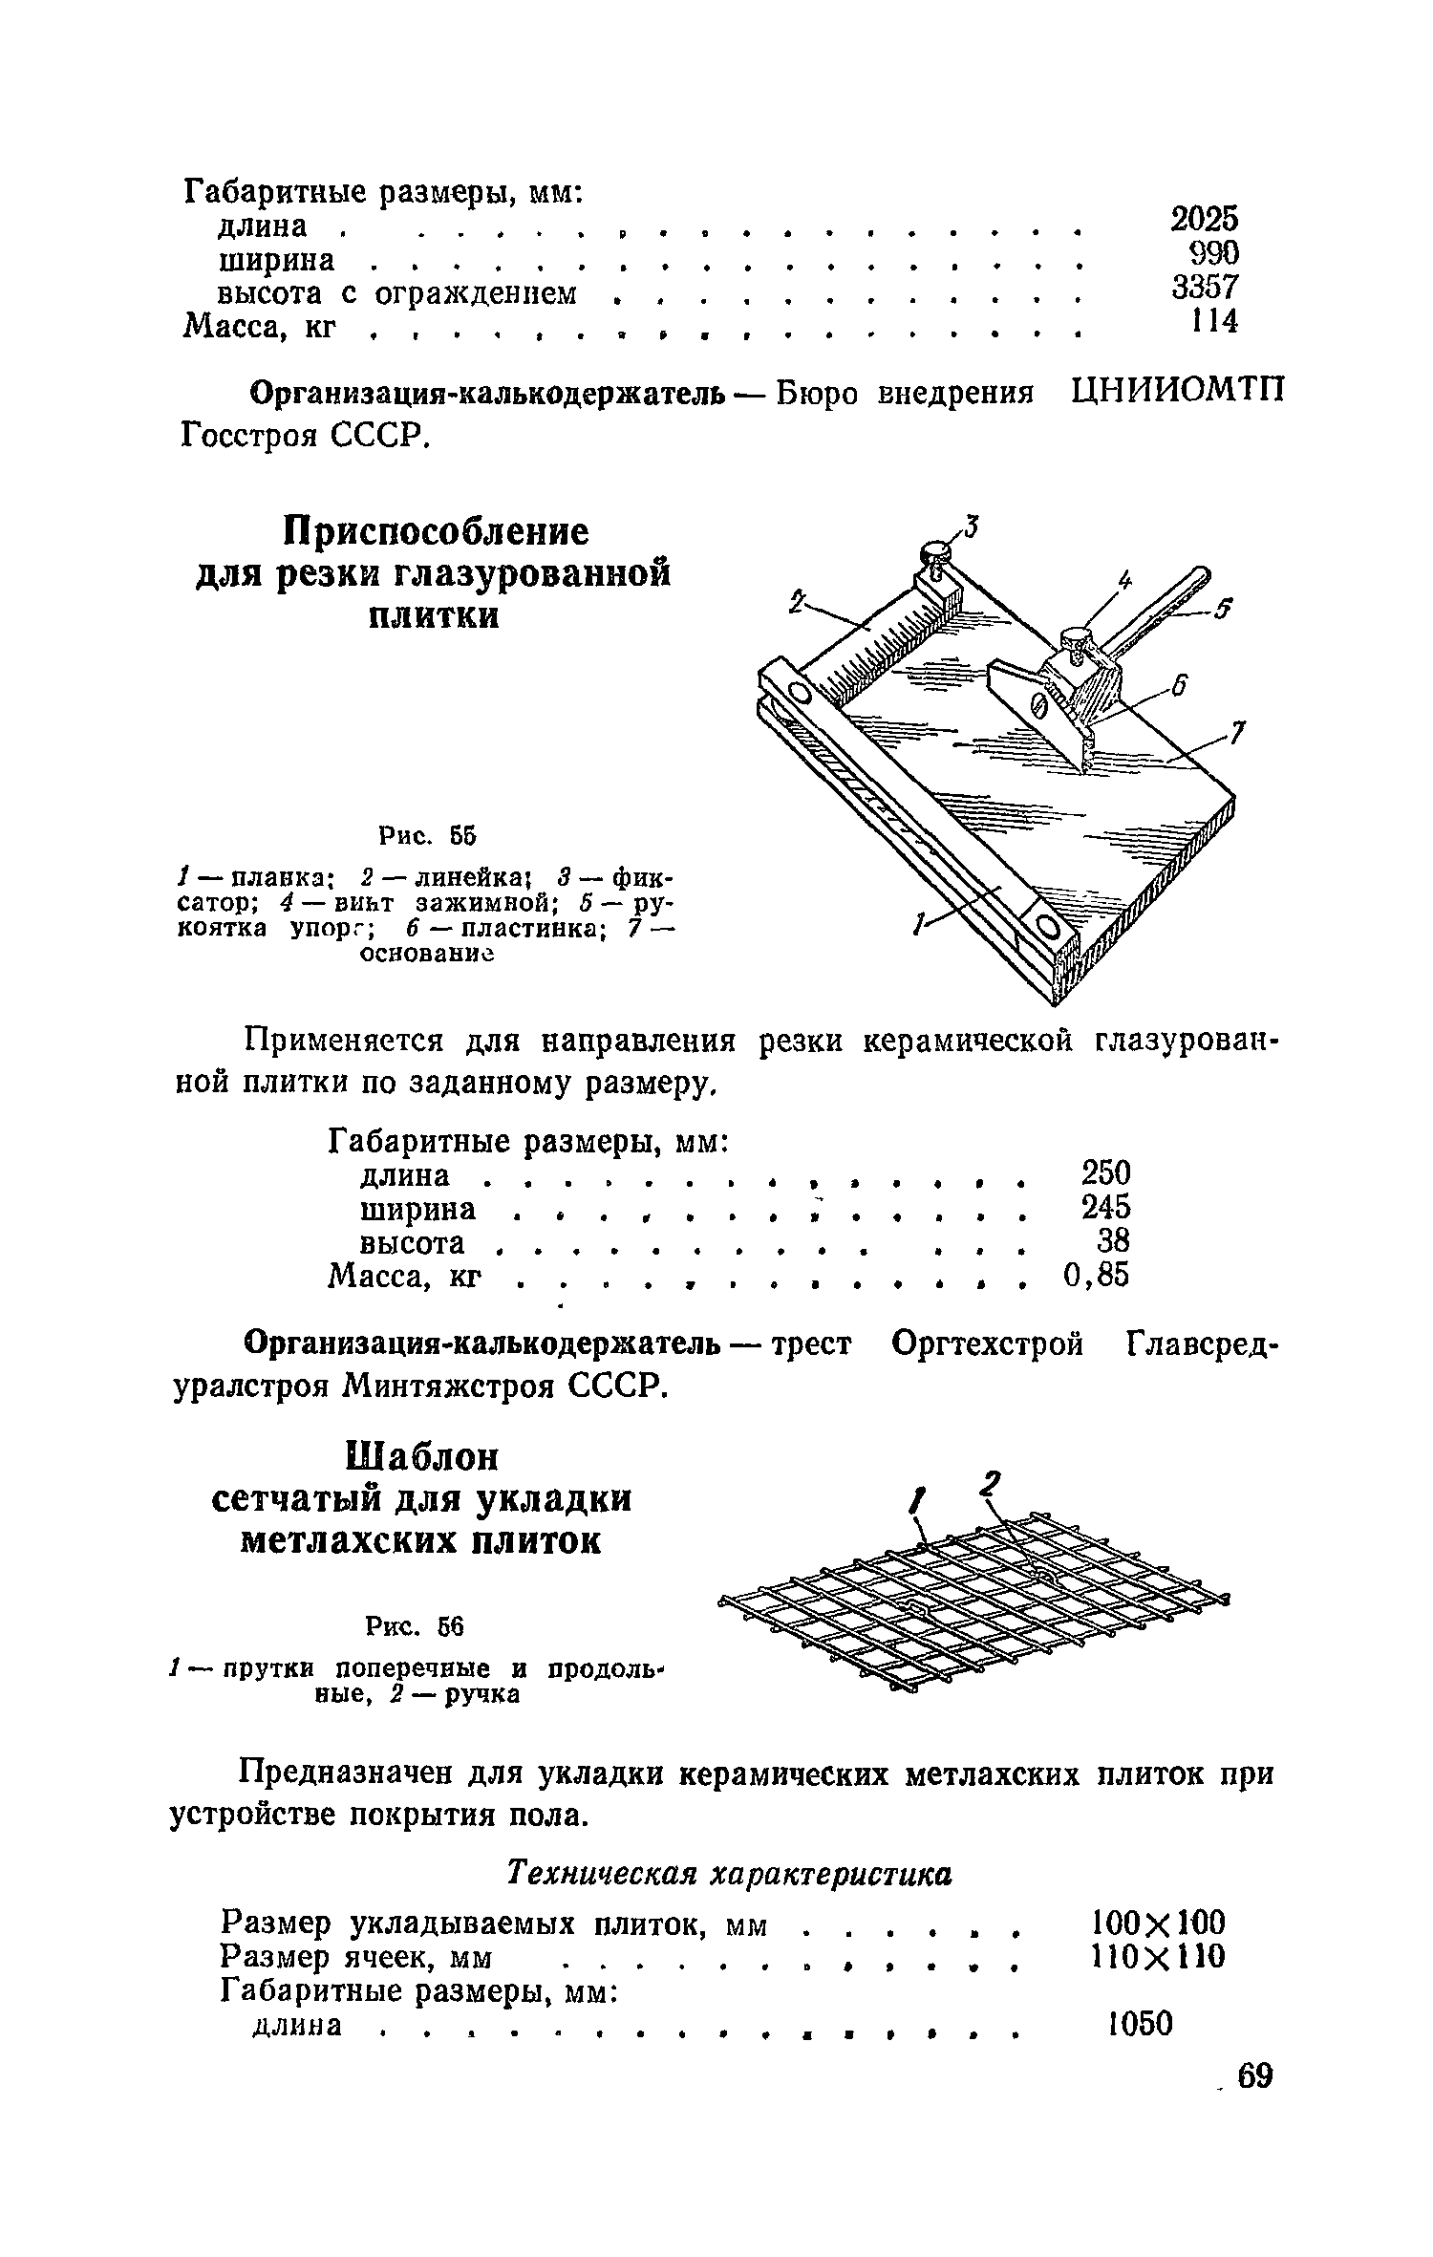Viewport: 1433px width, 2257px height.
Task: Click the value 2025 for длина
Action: pos(1204,220)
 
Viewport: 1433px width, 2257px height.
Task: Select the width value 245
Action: pos(1105,1208)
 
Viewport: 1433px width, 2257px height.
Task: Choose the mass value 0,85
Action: pos(1096,1275)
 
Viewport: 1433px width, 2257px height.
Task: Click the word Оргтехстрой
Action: pos(987,1345)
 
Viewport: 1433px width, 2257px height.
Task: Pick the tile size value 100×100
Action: pos(1157,1922)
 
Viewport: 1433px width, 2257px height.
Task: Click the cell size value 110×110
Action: pos(1157,1957)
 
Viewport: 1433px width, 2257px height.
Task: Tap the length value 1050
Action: pos(1139,2023)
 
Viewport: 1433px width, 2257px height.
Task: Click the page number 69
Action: pos(1254,2102)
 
